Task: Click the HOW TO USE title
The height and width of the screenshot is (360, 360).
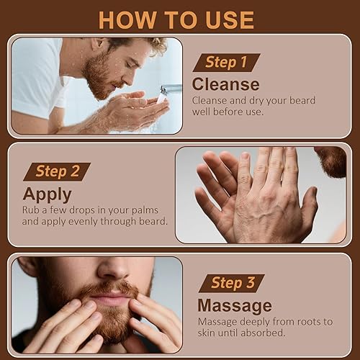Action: point(176,19)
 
